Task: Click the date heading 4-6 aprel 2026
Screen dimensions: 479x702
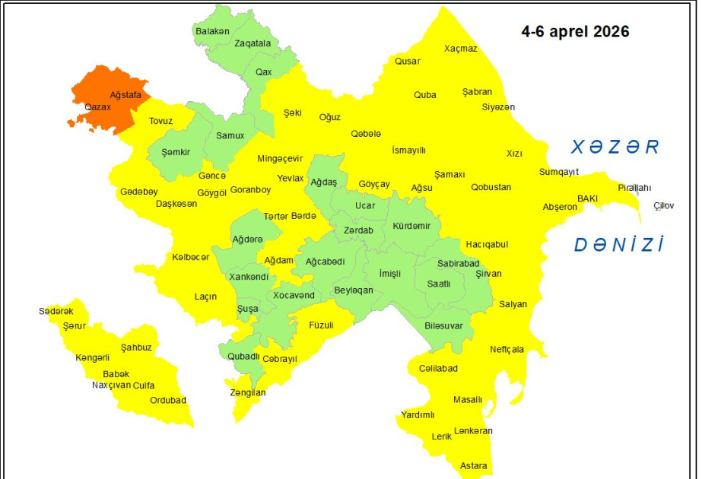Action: (x=575, y=33)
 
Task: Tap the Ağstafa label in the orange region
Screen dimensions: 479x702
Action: (x=125, y=95)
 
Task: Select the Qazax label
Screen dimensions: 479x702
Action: (x=98, y=107)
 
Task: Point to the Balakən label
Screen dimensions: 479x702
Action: (x=212, y=31)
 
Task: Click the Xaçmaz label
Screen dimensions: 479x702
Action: (x=461, y=49)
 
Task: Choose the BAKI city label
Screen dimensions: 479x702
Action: (x=587, y=198)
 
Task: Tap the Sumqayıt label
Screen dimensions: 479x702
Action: (x=559, y=172)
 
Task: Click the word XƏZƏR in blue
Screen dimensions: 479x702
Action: (x=615, y=147)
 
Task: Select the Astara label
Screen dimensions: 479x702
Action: (x=474, y=465)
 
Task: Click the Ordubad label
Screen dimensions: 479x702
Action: (x=167, y=400)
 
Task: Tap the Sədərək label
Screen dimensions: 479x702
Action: (x=56, y=311)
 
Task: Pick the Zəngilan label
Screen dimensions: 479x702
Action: (x=248, y=392)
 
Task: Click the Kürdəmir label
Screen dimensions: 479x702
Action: (x=411, y=226)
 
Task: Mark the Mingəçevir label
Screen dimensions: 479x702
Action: (x=280, y=159)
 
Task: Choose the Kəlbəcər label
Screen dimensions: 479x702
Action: (x=190, y=257)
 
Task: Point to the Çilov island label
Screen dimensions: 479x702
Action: (x=663, y=205)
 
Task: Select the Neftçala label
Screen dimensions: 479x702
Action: (x=507, y=350)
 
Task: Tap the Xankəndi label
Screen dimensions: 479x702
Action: (x=249, y=276)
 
